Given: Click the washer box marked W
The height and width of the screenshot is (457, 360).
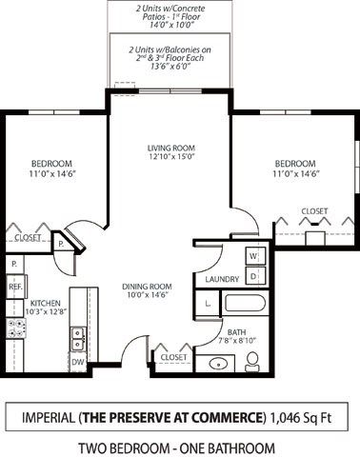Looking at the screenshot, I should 254,256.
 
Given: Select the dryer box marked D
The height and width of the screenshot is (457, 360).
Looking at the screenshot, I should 254,276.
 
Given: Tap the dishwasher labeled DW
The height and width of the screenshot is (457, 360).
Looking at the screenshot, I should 78,362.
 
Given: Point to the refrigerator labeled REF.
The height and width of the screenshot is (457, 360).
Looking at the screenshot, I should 15,285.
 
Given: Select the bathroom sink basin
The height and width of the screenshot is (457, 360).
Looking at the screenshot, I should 219,363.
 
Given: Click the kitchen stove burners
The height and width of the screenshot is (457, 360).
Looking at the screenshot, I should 16,329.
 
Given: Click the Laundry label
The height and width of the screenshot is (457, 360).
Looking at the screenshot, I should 221,279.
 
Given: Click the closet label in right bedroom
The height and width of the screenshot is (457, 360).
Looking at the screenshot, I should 314,210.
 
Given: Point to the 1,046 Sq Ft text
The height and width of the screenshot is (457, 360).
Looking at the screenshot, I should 301,417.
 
